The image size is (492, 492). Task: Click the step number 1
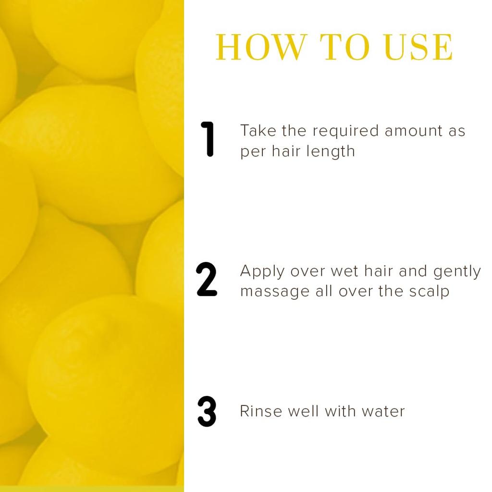208,139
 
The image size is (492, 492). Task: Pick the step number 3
207,412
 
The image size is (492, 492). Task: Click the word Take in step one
256,131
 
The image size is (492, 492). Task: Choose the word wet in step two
344,272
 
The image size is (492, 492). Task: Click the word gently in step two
457,272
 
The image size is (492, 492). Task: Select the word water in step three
383,411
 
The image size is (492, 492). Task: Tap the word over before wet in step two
308,272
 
